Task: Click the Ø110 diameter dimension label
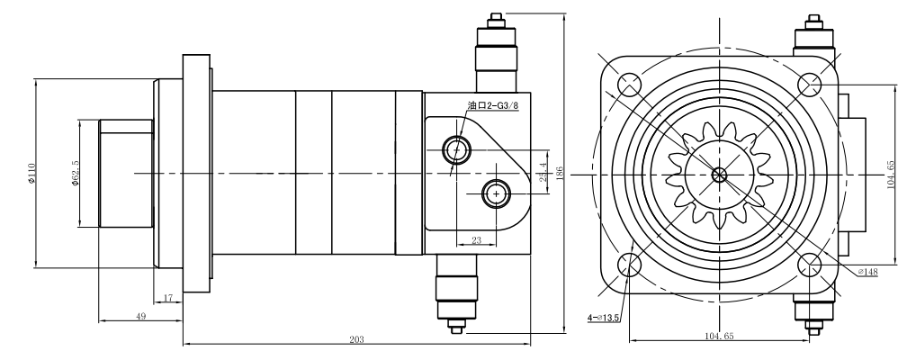point(31,173)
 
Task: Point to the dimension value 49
point(140,316)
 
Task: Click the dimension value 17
point(168,297)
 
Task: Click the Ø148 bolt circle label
point(867,271)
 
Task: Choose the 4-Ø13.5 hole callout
point(604,317)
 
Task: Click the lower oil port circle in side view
point(496,192)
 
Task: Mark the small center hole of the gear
point(719,175)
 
